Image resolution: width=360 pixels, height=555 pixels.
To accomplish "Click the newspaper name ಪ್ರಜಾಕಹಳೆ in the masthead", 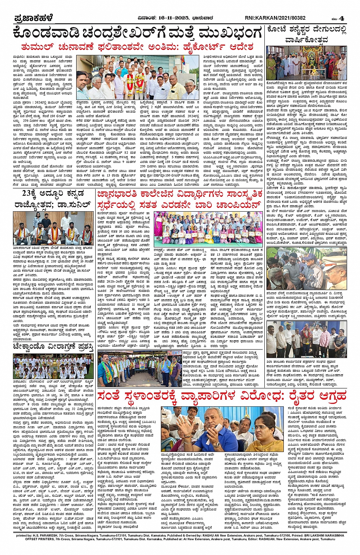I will (34, 18).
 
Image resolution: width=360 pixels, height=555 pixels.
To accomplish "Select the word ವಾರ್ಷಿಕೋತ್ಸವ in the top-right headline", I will (306, 40).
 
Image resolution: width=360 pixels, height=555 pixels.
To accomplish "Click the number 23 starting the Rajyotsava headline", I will (29, 193).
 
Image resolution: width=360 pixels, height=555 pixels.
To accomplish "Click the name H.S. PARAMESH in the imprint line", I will (56, 535).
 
